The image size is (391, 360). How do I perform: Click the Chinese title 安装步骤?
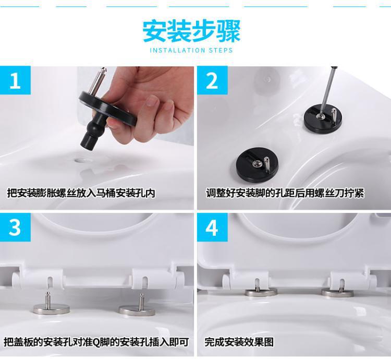click(x=191, y=31)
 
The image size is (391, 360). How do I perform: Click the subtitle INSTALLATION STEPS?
click(x=191, y=50)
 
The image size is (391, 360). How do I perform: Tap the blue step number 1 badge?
click(x=15, y=80)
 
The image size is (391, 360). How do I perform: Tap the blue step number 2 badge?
click(x=212, y=80)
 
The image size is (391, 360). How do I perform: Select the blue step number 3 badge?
click(x=15, y=227)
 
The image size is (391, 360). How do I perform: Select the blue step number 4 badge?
click(x=212, y=227)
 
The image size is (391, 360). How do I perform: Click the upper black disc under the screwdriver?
click(x=323, y=117)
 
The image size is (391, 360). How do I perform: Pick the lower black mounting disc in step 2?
click(x=257, y=163)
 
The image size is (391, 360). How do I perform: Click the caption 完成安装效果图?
click(x=239, y=342)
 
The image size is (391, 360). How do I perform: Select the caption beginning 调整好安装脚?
click(x=285, y=193)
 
